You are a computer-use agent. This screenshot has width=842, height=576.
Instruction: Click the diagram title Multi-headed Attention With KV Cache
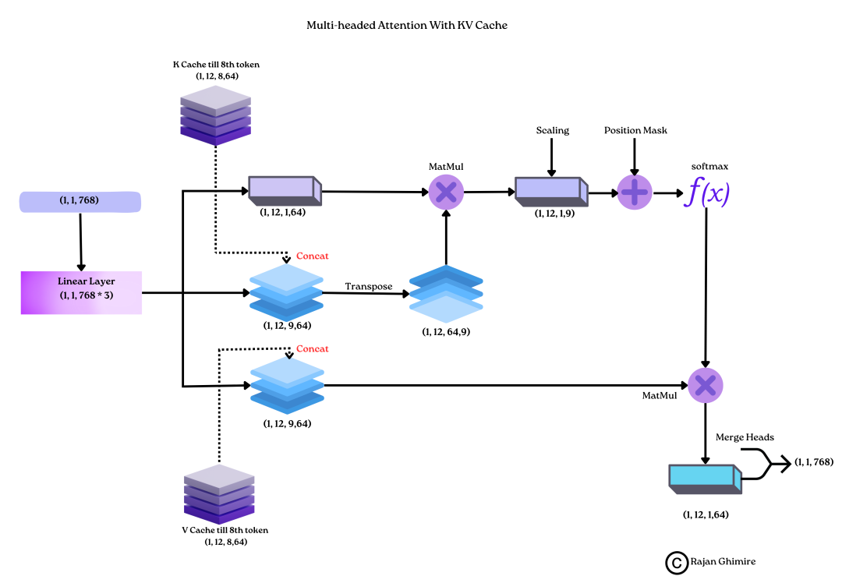point(407,26)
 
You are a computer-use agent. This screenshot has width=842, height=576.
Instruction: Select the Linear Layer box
point(81,292)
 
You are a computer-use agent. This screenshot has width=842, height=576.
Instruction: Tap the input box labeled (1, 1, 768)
point(80,202)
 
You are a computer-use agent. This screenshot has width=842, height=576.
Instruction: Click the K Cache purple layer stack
point(215,116)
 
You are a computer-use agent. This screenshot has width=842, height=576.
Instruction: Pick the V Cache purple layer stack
point(218,495)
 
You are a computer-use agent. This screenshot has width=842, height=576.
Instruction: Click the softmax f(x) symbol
point(706,192)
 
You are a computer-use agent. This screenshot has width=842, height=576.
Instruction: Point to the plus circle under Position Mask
point(634,192)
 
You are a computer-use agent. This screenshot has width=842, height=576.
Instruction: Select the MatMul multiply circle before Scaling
point(446,192)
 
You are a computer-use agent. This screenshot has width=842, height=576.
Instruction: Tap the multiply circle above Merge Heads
point(706,384)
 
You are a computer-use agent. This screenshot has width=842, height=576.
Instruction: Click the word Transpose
point(369,287)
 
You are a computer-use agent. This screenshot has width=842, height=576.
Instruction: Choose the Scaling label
point(552,130)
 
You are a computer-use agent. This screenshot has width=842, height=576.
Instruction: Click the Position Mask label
point(635,130)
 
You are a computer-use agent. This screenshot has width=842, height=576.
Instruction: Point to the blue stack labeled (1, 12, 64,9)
point(446,294)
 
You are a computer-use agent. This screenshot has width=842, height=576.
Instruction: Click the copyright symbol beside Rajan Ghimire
point(675,562)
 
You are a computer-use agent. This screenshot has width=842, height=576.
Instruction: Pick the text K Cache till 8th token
point(216,65)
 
